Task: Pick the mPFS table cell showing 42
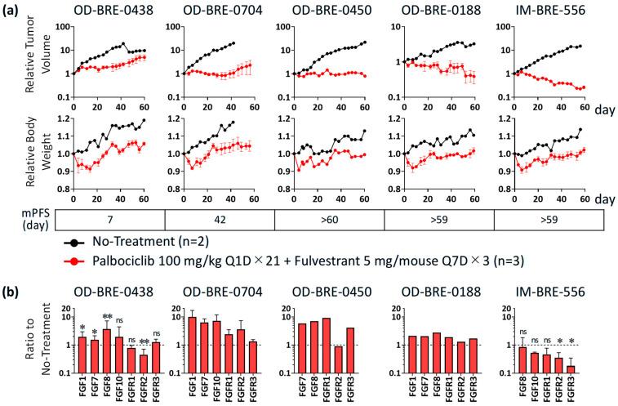pos(220,220)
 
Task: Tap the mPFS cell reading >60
pos(329,220)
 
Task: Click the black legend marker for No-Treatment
pos(73,242)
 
